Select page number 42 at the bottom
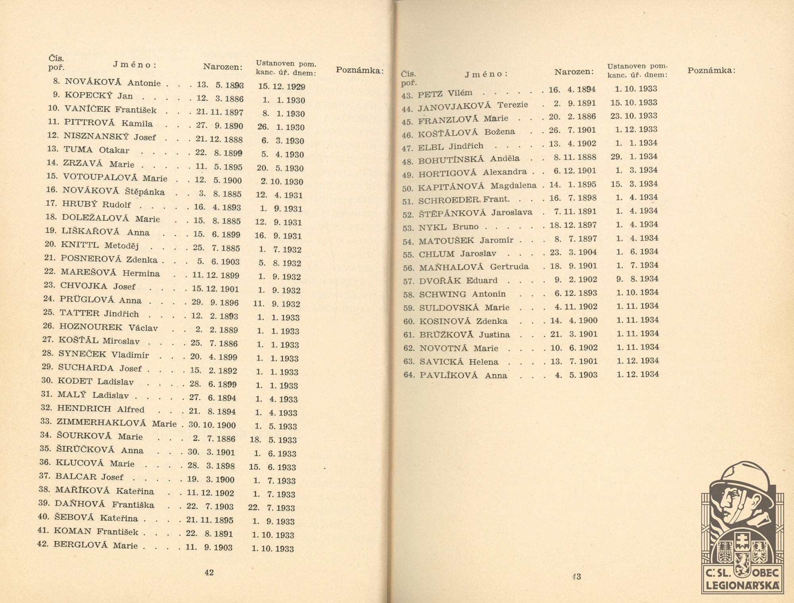click(x=209, y=572)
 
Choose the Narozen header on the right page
click(x=574, y=72)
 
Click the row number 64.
click(x=409, y=375)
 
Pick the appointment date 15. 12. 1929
click(x=281, y=87)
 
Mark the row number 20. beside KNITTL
click(x=50, y=245)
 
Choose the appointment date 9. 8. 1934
click(x=637, y=279)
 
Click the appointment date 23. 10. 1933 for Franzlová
click(x=634, y=116)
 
